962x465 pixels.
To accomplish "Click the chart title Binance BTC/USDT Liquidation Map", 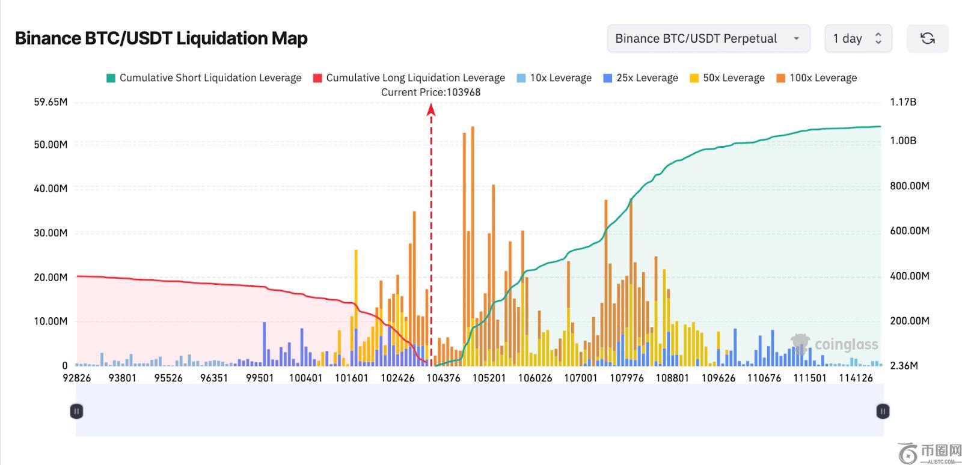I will [161, 38].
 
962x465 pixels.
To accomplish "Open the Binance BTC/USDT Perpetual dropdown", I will [708, 38].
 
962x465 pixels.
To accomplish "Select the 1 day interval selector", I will [857, 38].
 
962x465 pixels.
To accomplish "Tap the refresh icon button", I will [927, 38].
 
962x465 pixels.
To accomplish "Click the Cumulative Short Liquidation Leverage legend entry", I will [204, 78].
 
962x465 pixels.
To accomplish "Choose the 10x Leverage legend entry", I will [554, 78].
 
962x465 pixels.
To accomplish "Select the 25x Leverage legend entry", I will [640, 78].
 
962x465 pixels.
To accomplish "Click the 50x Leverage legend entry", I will [727, 78].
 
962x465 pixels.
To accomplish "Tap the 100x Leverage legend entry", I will [816, 78].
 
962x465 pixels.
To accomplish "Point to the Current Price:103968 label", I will [430, 93].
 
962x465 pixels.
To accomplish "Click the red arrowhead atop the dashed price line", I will [431, 109].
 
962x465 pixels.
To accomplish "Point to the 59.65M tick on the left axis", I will [51, 102].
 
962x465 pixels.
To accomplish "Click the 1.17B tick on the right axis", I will [903, 102].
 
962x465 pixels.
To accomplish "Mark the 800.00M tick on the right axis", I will [909, 186].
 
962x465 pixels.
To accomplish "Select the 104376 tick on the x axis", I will [443, 378].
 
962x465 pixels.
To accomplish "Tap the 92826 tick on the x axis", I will [77, 378].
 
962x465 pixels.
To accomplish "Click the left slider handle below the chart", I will [76, 412].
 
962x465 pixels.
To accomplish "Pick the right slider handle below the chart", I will [882, 412].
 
